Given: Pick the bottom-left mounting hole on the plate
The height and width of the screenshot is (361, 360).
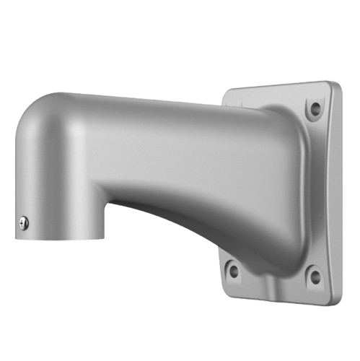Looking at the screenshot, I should (x=233, y=269).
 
